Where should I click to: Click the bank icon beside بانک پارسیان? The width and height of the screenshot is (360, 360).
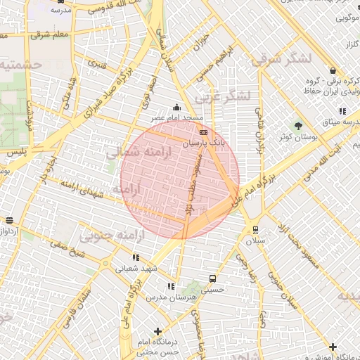coord(204,131)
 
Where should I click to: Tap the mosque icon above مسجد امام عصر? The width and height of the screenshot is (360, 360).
coord(176,108)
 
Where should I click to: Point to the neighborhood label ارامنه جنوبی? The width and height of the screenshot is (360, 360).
coord(106,235)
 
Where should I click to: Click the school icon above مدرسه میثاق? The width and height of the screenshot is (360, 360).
coord(342,111)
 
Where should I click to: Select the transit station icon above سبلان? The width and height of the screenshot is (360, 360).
coord(255,229)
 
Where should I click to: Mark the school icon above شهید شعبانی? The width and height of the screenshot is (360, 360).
coord(135,257)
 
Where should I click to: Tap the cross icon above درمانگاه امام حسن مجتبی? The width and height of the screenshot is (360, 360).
coord(157,330)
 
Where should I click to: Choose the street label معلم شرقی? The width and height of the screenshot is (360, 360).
coord(49,33)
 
